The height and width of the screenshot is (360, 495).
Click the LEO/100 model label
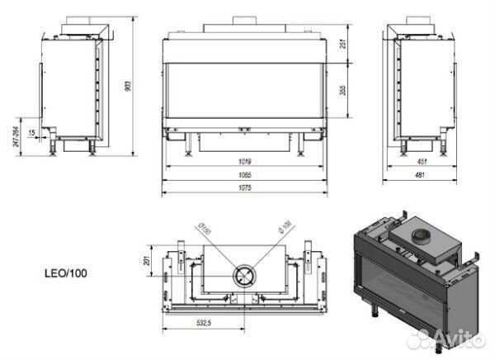(x=66, y=273)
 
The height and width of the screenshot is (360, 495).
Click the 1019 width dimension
(x=245, y=162)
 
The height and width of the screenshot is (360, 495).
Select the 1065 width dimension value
(x=245, y=175)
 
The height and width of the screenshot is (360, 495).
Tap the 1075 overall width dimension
(x=245, y=187)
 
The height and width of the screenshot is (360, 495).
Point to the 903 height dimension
(x=128, y=86)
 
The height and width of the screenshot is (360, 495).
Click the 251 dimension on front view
(x=344, y=43)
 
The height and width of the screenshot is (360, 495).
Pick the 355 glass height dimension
(x=344, y=90)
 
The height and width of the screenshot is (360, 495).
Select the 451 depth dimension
(x=422, y=162)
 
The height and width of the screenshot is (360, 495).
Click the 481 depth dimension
(x=420, y=175)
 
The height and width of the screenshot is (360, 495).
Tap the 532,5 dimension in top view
(x=204, y=323)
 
